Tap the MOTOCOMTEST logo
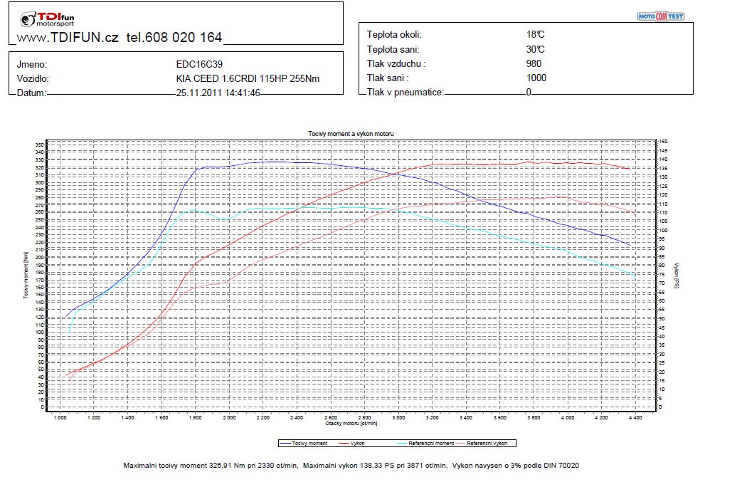[659, 16]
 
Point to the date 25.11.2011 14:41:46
[218, 93]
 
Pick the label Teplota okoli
[393, 34]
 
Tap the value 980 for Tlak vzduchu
[534, 63]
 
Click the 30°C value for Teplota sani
[536, 49]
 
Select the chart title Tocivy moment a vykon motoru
[351, 134]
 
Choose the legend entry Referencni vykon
[487, 443]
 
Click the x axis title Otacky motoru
[351, 423]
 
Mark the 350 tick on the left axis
[40, 145]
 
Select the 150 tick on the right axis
[664, 142]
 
